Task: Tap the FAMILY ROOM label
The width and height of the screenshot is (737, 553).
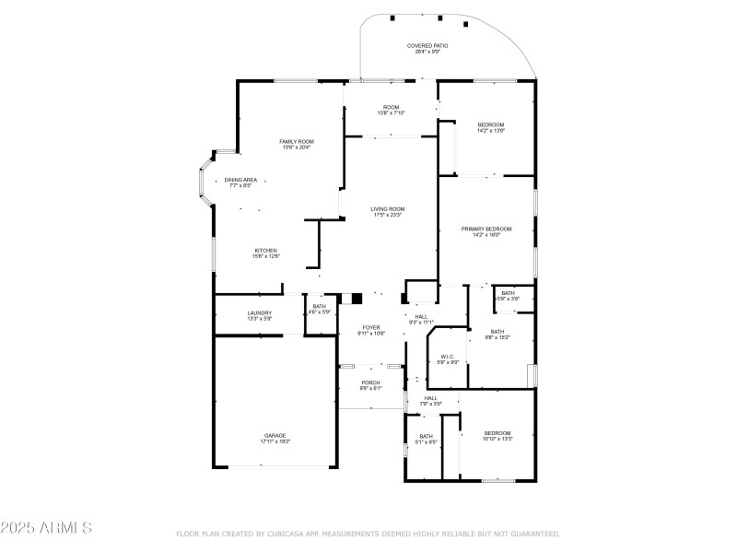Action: (297, 141)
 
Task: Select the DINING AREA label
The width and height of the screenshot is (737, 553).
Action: (240, 180)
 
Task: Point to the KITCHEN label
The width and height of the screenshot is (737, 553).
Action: (266, 251)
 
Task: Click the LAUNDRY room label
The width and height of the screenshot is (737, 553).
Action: (259, 313)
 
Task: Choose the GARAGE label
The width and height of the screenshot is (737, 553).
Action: (275, 435)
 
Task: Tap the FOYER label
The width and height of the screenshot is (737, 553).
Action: (370, 327)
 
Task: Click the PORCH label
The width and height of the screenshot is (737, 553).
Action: (370, 382)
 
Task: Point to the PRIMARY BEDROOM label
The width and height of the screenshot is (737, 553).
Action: (485, 229)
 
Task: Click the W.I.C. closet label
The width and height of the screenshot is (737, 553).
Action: (446, 357)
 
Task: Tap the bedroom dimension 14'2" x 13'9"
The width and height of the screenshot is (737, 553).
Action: (490, 131)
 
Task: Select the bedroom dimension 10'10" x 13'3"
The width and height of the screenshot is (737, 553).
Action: (497, 439)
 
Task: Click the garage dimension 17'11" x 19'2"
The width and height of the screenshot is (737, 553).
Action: (275, 441)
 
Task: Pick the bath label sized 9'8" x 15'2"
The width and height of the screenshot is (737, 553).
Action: (497, 332)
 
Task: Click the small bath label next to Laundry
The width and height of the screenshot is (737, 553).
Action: (319, 307)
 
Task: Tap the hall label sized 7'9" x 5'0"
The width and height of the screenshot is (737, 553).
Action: (431, 398)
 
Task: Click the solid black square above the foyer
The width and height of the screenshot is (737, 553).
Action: (357, 299)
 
